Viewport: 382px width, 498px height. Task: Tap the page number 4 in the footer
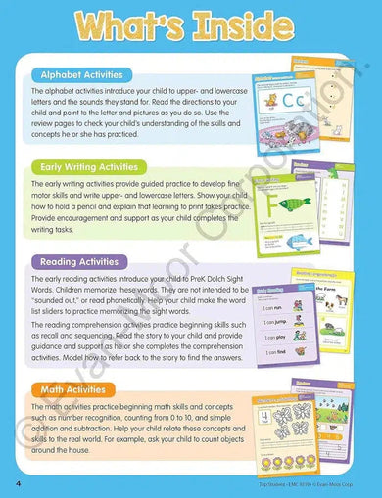20,483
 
